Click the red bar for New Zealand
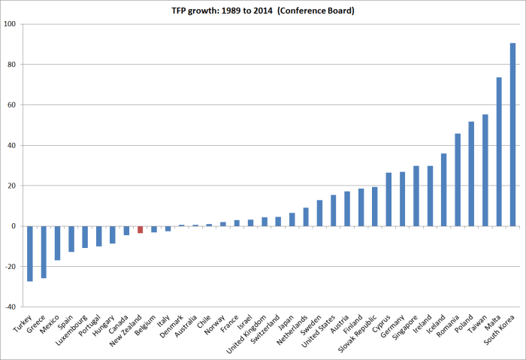coord(140,229)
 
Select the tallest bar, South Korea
coord(512,135)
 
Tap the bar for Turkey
coord(30,253)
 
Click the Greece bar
coord(44,252)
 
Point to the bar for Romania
coord(458,180)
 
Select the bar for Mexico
coord(57,243)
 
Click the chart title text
coord(263,11)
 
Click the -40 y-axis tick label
coord(10,307)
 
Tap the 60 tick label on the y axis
coord(13,105)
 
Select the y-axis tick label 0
coord(15,226)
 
